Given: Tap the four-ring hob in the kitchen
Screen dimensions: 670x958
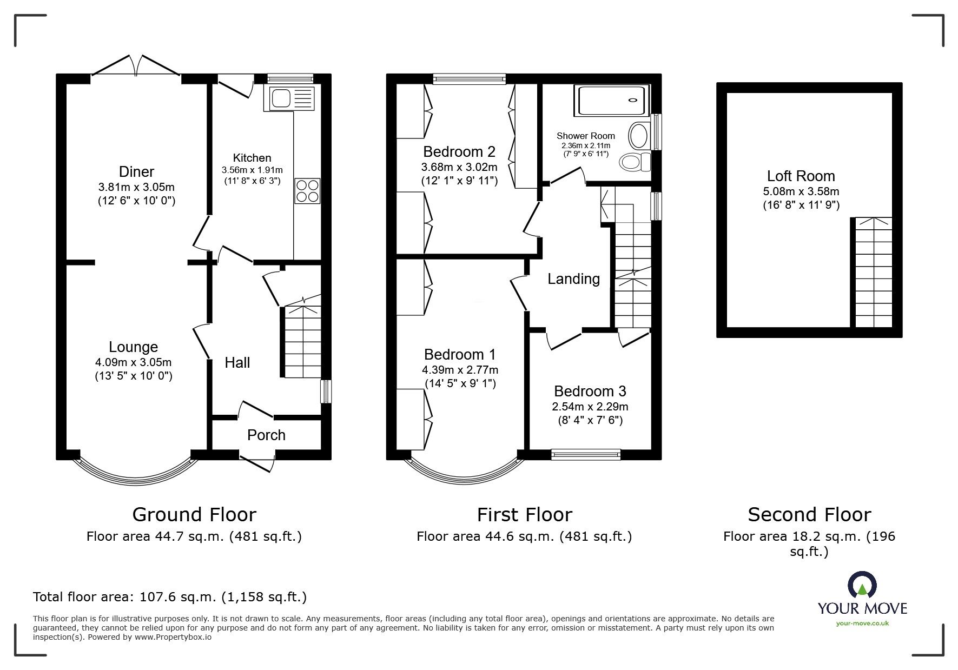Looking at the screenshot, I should coord(307,191).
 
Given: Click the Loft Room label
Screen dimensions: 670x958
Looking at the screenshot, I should coord(801,176).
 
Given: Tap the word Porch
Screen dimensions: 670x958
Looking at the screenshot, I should coord(266,435).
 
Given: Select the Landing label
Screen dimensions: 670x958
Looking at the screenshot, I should coord(573,279).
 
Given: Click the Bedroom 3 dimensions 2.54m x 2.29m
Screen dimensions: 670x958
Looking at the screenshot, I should coord(590,407).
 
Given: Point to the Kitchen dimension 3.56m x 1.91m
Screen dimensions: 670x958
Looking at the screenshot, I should coord(252,170).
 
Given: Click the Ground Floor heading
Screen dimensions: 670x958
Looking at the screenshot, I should coord(194,514).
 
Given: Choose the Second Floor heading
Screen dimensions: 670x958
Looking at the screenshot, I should coord(809,514).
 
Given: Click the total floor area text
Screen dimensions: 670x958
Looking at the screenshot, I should coord(170,597).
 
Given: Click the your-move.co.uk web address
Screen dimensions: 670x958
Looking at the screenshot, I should coord(862,623).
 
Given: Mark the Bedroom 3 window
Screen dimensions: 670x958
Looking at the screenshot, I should coord(586,455).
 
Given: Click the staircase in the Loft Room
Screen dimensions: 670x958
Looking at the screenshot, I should coord(873,273).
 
